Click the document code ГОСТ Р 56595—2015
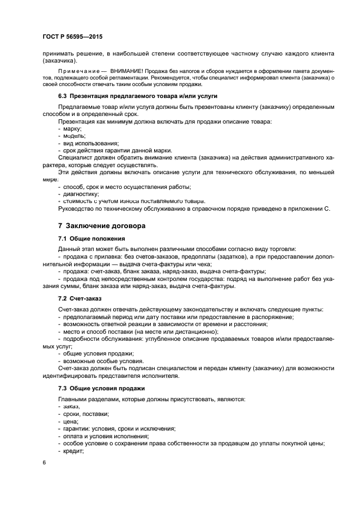click(x=72, y=36)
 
